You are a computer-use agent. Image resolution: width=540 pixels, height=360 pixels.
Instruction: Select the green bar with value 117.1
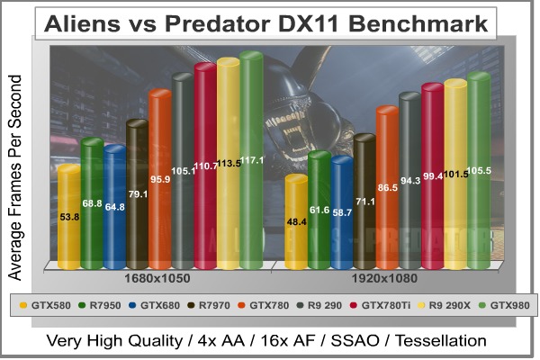pyautogui.click(x=250, y=162)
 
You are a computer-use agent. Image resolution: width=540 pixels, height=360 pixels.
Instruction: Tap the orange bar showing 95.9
pyautogui.click(x=159, y=180)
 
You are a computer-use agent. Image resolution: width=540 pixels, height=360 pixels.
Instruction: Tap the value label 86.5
pyautogui.click(x=388, y=187)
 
